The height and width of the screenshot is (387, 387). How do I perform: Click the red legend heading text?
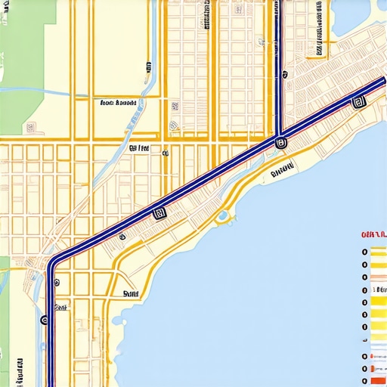(x=374, y=235)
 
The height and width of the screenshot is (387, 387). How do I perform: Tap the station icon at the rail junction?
(x=281, y=141)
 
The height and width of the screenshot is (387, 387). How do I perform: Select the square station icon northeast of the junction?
(x=358, y=103)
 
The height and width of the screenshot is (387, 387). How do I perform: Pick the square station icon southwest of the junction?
(x=159, y=213)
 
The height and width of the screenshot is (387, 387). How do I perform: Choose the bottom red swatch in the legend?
(x=377, y=369)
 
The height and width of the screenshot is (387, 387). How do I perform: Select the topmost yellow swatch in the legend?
(x=377, y=252)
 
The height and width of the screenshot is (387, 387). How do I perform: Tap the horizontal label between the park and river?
(x=117, y=102)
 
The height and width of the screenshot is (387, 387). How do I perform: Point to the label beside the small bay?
(x=131, y=293)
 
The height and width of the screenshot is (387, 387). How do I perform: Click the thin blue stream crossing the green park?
(x=30, y=92)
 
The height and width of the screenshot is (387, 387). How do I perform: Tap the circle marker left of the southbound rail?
(x=44, y=320)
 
